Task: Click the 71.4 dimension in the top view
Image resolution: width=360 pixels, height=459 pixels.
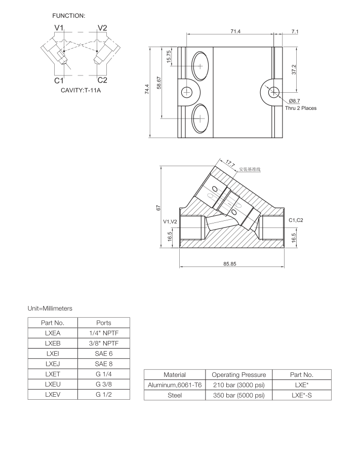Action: [235, 31]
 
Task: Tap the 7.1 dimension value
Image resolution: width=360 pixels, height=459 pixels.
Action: [295, 31]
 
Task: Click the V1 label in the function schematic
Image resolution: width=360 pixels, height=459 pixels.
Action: [59, 28]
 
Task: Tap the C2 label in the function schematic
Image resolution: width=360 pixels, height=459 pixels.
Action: [102, 80]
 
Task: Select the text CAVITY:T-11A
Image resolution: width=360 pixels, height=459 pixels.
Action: [81, 91]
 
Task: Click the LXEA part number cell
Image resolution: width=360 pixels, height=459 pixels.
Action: [53, 333]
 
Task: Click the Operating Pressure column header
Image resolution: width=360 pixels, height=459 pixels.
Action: [238, 374]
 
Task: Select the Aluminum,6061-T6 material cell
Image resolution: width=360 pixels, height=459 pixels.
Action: [174, 385]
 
